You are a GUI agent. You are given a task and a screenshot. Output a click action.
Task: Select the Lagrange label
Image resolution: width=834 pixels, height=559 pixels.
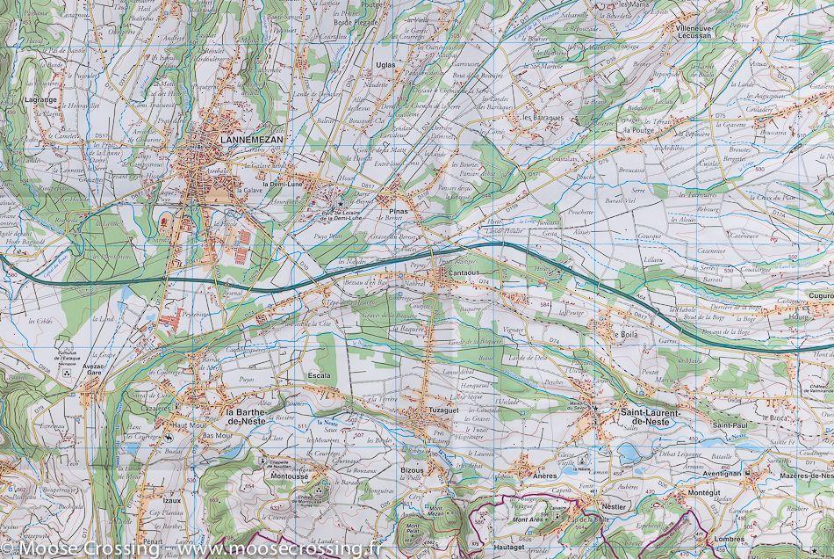click(x=42, y=102)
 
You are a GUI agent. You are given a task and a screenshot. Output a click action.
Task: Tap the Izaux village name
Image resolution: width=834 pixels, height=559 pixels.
click(x=172, y=501)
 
